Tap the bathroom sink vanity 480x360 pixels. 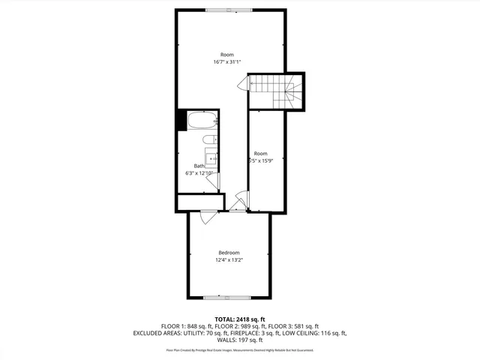click(x=213, y=160)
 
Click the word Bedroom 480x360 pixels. click(x=229, y=253)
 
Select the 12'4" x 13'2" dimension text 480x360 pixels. click(x=229, y=260)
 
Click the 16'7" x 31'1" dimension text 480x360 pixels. click(x=227, y=61)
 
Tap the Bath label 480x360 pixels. click(x=199, y=166)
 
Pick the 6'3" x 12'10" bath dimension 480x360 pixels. click(x=199, y=173)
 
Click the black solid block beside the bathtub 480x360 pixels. click(x=181, y=121)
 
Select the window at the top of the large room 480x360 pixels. click(x=230, y=10)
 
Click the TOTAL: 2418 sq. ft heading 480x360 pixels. click(x=240, y=319)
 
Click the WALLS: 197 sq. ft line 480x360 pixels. click(x=240, y=340)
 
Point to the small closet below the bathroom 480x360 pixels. click(x=200, y=202)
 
